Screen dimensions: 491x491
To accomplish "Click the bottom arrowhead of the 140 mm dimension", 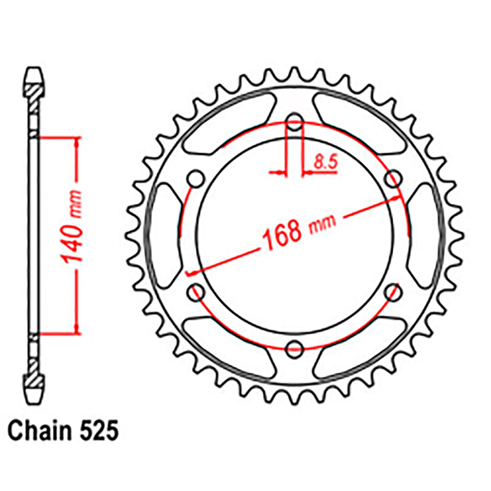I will pyautogui.click(x=76, y=329).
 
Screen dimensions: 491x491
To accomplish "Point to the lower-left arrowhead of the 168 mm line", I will pyautogui.click(x=192, y=272).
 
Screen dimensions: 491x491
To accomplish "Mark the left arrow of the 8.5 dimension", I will pyautogui.click(x=280, y=172).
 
